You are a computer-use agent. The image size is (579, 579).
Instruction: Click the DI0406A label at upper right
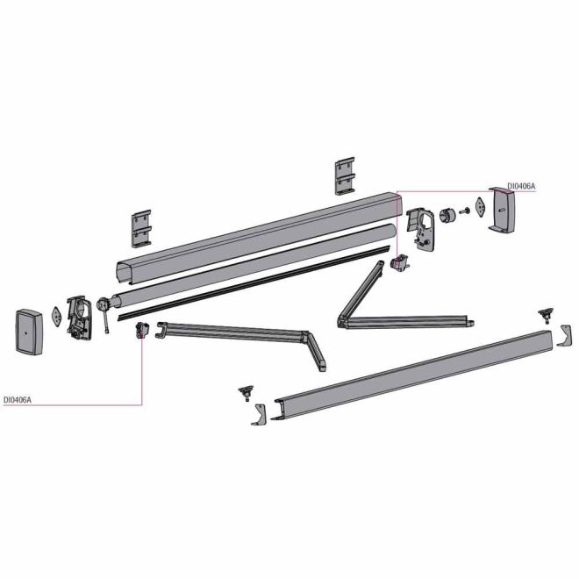(x=520, y=187)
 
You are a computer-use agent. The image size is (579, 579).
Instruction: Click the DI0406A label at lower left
(x=18, y=399)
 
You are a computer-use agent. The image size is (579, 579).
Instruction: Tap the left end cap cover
(x=29, y=332)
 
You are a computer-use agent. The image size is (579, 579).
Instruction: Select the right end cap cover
(x=502, y=211)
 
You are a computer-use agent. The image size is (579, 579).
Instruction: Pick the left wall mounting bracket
(x=141, y=229)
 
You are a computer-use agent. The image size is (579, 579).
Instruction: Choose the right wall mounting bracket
(x=345, y=175)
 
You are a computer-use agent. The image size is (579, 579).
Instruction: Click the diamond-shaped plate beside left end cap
(x=56, y=316)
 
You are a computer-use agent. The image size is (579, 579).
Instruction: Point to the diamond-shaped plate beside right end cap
(x=481, y=208)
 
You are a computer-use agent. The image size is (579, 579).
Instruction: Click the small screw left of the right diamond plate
(x=465, y=211)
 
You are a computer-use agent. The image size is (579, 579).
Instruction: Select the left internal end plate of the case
(x=79, y=318)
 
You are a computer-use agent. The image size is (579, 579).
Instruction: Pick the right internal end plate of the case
(x=422, y=230)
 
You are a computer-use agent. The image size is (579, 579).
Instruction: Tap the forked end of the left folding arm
(x=161, y=330)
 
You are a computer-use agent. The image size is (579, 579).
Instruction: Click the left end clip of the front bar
(x=259, y=414)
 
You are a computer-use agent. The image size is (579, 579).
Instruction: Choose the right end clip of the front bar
(x=564, y=336)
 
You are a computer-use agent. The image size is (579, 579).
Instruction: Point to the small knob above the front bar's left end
(x=247, y=393)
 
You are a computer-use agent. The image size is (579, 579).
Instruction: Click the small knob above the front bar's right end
(x=546, y=315)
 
